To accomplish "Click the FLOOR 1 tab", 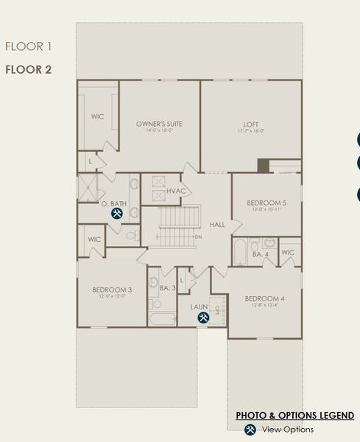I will pyautogui.click(x=29, y=47).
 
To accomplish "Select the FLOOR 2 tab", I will pyautogui.click(x=29, y=70).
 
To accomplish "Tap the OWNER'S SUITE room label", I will pyautogui.click(x=159, y=123).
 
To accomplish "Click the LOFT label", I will pyautogui.click(x=251, y=123).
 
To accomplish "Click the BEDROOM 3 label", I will pyautogui.click(x=112, y=290).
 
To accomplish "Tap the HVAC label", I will pyautogui.click(x=176, y=192).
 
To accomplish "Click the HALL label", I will pyautogui.click(x=217, y=224).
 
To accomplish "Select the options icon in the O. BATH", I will pyautogui.click(x=117, y=214).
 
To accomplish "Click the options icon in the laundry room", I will pyautogui.click(x=202, y=318).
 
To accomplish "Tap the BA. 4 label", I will pyautogui.click(x=261, y=254).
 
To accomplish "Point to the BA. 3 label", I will pyautogui.click(x=167, y=288).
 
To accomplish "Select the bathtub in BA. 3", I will pyautogui.click(x=161, y=318).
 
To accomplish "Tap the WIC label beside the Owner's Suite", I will pyautogui.click(x=99, y=116).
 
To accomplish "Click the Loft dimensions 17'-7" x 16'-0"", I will pyautogui.click(x=251, y=131).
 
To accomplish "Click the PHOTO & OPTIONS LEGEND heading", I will pyautogui.click(x=294, y=415).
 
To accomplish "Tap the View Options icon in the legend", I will pyautogui.click(x=250, y=429).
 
